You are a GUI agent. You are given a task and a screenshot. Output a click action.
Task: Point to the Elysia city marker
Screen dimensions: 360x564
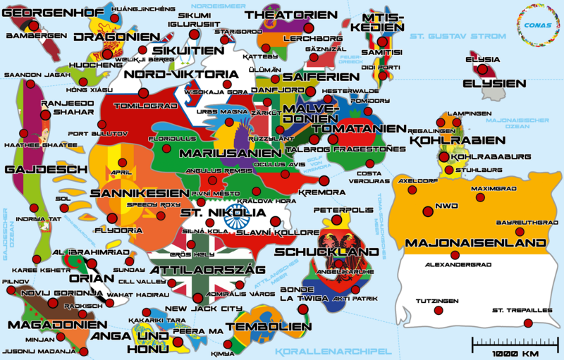point(482,70)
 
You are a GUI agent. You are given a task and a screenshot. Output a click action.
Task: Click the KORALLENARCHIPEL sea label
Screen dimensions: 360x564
point(333,351)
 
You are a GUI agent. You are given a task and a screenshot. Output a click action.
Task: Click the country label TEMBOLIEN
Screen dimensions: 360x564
point(272,326)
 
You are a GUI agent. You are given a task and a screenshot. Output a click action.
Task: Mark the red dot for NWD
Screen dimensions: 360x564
point(427,211)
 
